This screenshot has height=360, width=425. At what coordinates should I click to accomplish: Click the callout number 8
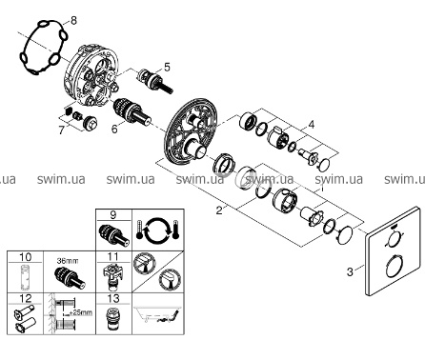[73, 21]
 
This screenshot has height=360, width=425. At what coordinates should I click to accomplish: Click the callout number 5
[167, 67]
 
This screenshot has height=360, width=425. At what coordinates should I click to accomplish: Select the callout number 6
[114, 129]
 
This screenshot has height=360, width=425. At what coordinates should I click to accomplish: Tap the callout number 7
[62, 130]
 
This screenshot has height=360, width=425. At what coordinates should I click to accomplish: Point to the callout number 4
[312, 125]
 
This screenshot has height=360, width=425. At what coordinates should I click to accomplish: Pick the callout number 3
[350, 271]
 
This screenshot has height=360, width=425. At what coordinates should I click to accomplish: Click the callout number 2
[219, 210]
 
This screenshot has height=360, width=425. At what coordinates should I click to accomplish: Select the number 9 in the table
[113, 215]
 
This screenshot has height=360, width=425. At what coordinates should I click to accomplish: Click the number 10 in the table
[26, 257]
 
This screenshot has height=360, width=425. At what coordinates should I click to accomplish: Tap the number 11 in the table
[113, 256]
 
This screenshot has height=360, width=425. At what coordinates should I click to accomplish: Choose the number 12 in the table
[26, 298]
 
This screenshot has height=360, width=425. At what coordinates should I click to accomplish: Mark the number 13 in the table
[113, 298]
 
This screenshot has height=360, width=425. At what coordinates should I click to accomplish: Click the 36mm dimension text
[68, 261]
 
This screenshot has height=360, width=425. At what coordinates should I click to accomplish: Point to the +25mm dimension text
[81, 312]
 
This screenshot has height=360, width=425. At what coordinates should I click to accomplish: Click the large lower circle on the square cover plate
[395, 268]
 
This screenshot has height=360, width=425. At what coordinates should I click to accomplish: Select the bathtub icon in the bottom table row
[157, 313]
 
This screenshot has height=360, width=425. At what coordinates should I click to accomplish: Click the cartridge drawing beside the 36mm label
[70, 277]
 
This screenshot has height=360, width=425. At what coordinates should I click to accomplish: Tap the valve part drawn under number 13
[112, 318]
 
